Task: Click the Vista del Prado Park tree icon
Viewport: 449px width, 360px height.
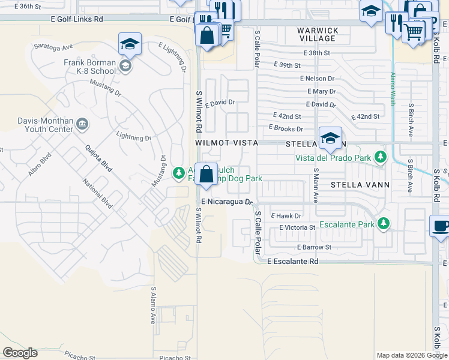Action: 380,158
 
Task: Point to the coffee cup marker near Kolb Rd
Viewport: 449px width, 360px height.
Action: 441,226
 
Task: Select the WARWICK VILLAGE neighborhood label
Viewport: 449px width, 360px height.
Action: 318,34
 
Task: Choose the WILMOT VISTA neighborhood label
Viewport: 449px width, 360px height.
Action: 226,143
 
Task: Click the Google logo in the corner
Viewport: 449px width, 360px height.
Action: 20,353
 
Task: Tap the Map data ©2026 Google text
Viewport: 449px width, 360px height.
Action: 412,355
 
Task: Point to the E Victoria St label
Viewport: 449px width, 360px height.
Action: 297,228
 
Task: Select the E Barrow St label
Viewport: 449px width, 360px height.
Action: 313,247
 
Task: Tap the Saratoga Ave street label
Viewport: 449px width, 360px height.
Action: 53,46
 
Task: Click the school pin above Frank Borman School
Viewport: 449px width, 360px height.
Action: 130,44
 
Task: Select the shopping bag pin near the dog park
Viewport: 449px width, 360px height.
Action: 206,175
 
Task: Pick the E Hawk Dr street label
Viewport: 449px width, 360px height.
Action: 286,215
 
